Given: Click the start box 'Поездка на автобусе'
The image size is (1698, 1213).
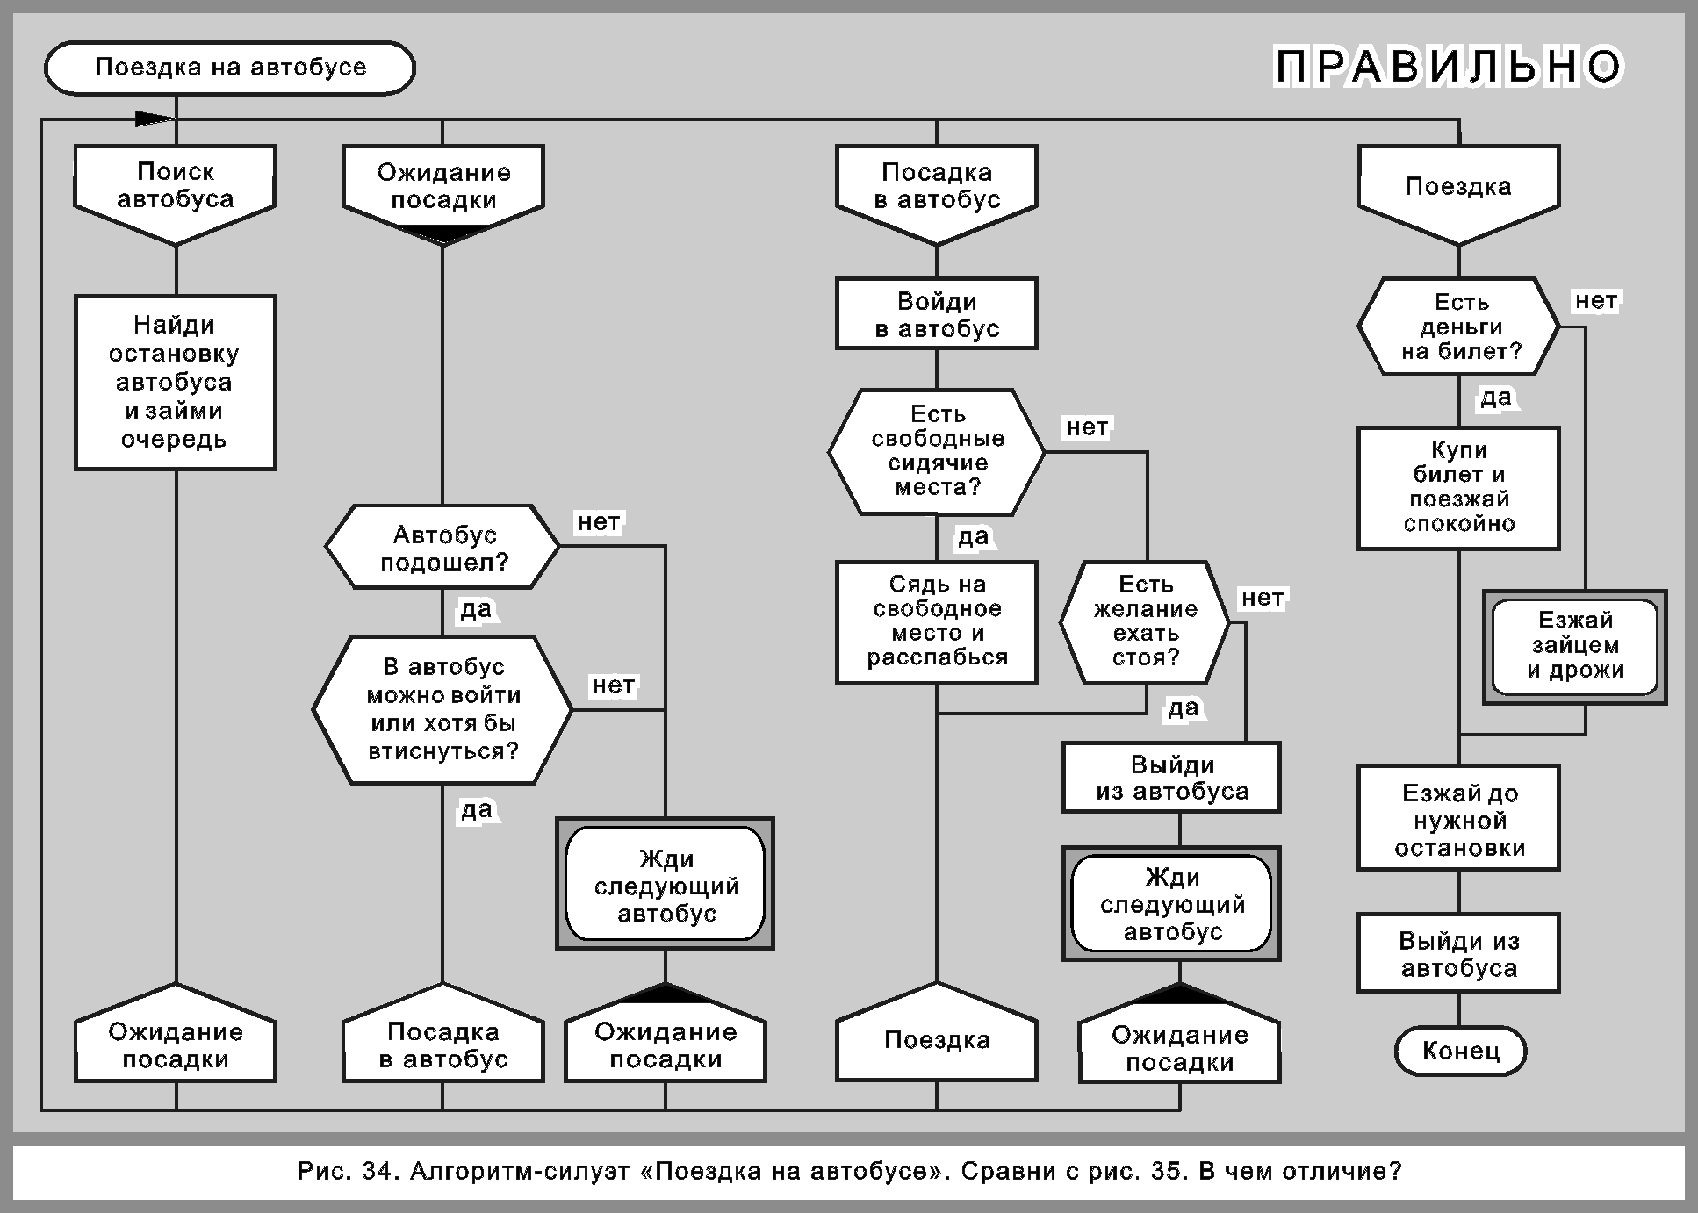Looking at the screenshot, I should (x=229, y=68).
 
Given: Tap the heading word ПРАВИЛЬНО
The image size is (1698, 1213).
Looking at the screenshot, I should (x=1449, y=68).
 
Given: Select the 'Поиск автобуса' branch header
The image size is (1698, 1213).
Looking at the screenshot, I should (x=176, y=186).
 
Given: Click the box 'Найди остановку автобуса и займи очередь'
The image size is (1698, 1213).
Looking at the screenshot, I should (x=176, y=383).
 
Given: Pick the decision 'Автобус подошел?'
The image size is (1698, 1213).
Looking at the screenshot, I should (x=442, y=548).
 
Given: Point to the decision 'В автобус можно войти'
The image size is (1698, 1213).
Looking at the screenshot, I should (x=442, y=709).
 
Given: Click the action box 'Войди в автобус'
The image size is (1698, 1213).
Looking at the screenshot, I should (x=937, y=314).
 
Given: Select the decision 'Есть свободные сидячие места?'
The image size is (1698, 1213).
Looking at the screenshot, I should (x=937, y=451).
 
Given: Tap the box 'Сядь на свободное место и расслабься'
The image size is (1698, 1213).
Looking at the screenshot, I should (x=937, y=621).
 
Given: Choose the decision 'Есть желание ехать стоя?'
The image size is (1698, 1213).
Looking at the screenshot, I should (x=1145, y=621).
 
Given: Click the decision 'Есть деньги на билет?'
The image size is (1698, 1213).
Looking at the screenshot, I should (x=1459, y=327).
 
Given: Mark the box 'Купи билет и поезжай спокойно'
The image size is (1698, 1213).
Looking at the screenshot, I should (x=1459, y=488).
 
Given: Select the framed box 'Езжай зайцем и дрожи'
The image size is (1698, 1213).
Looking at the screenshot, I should (x=1575, y=646).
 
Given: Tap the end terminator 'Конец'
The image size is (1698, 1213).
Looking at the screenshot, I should (x=1461, y=1051).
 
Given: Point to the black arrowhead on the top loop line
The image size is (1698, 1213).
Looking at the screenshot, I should (x=155, y=118).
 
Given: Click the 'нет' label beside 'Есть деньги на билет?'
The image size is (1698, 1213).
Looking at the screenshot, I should (x=1595, y=301).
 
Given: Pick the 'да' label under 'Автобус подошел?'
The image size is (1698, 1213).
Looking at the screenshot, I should (x=476, y=609).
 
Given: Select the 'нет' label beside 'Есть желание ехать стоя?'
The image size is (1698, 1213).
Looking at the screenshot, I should (x=1262, y=599).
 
